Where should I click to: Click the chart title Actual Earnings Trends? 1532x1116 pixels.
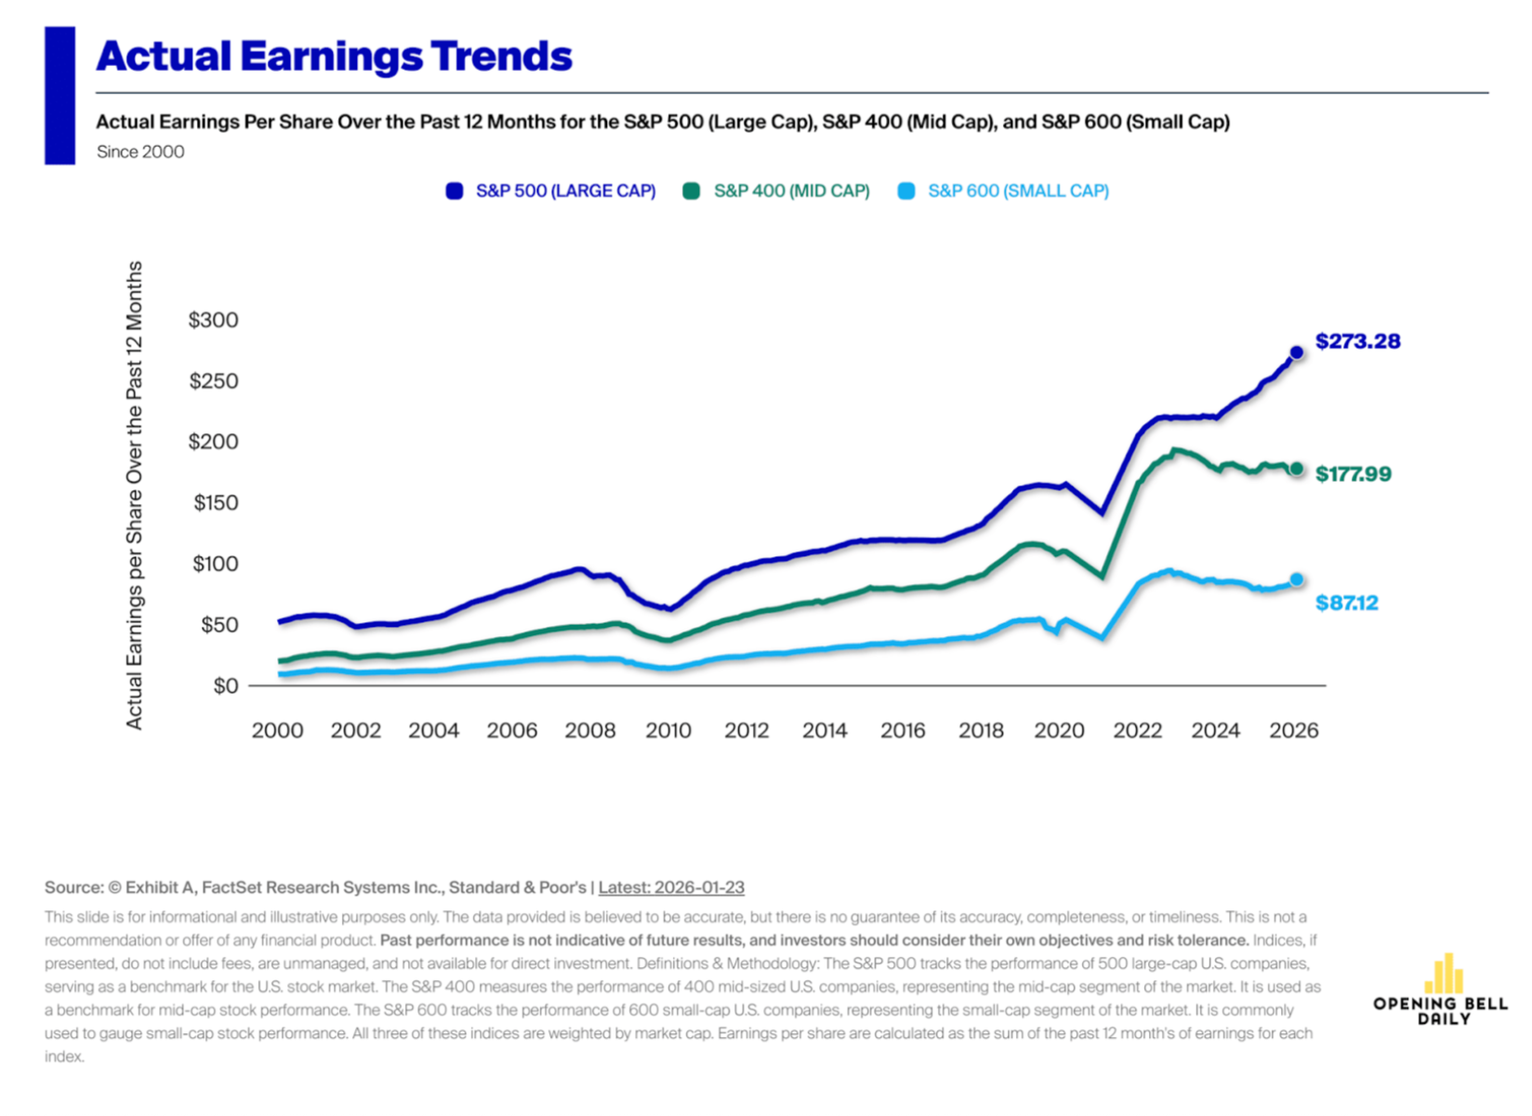pyautogui.click(x=334, y=57)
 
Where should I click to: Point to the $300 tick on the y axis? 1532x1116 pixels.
pyautogui.click(x=213, y=320)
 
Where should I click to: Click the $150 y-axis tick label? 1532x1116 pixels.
pyautogui.click(x=215, y=503)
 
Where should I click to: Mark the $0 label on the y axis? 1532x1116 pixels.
pyautogui.click(x=226, y=686)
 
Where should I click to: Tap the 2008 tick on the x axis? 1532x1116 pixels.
pyautogui.click(x=590, y=730)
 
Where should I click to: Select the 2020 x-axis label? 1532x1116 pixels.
pyautogui.click(x=1059, y=730)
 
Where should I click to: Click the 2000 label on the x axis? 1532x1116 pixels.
pyautogui.click(x=277, y=730)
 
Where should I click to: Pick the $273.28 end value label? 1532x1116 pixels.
pyautogui.click(x=1357, y=341)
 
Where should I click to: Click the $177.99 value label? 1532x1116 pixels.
pyautogui.click(x=1354, y=474)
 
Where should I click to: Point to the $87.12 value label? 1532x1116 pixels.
pyautogui.click(x=1347, y=603)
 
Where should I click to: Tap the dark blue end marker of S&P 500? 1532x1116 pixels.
pyautogui.click(x=1297, y=352)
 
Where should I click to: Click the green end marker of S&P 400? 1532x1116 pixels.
pyautogui.click(x=1297, y=469)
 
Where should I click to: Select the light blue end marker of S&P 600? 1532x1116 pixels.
pyautogui.click(x=1297, y=579)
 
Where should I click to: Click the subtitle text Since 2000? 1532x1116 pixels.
pyautogui.click(x=140, y=152)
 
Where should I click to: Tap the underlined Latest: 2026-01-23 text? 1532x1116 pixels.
pyautogui.click(x=671, y=887)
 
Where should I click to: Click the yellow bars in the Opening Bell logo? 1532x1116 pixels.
pyautogui.click(x=1444, y=974)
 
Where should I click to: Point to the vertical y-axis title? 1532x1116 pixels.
pyautogui.click(x=135, y=495)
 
